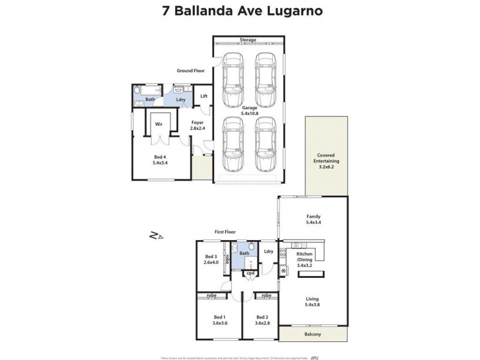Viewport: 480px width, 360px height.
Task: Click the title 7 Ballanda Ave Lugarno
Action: pos(239,10)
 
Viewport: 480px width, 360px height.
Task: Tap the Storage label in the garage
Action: pos(248,40)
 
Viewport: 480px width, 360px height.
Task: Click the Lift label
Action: pos(204,96)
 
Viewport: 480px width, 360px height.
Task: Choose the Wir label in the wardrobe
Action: pos(159,124)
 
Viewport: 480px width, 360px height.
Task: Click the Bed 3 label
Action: pos(211,260)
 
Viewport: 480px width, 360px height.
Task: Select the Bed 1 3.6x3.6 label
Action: pos(219,320)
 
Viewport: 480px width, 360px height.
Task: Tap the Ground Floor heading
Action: pos(190,71)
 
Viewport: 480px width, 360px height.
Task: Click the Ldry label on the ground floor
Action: pos(181,100)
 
